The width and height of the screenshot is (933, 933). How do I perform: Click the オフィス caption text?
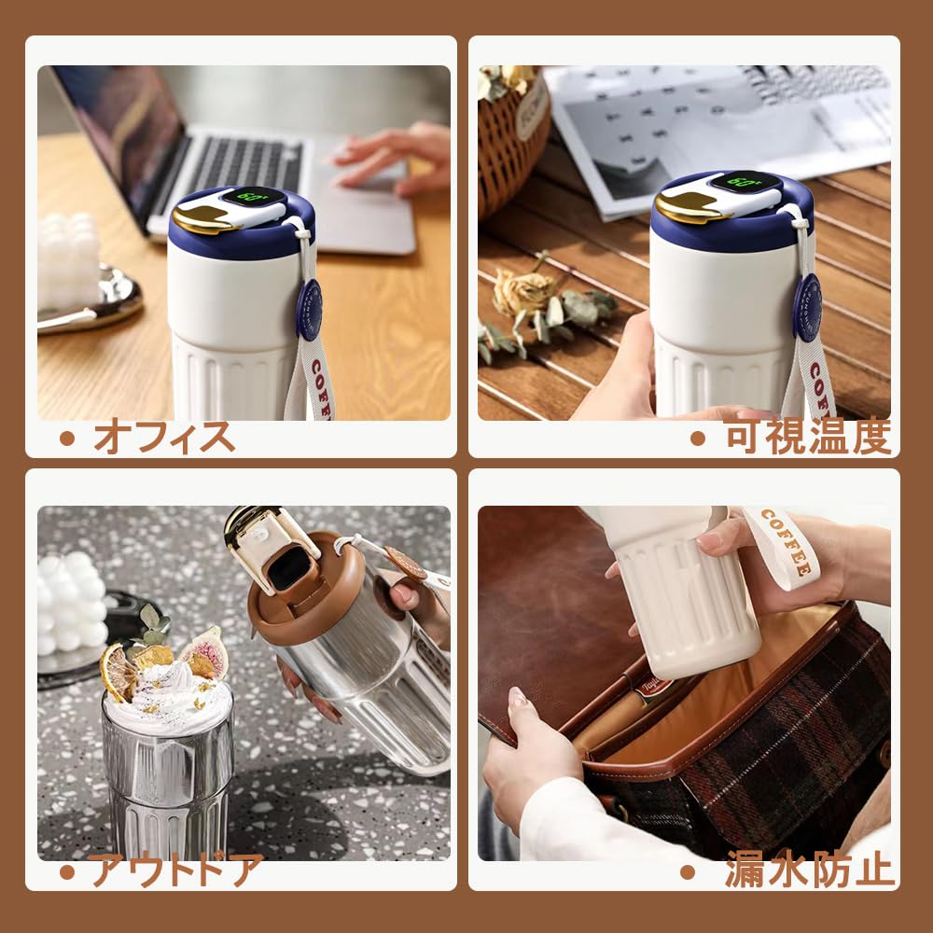pyautogui.click(x=163, y=436)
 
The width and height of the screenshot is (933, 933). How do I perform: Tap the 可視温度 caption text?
pyautogui.click(x=807, y=436)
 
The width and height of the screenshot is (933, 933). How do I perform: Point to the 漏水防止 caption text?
pyautogui.click(x=809, y=870)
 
